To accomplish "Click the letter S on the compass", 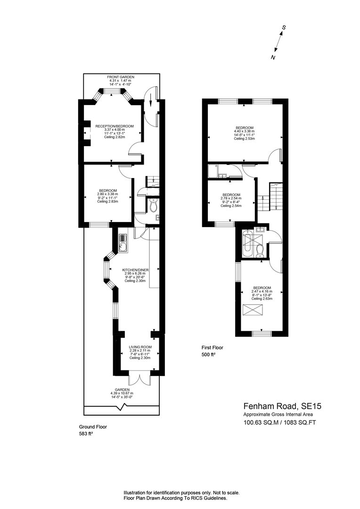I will (x=284, y=28).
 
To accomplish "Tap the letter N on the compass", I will (x=273, y=57).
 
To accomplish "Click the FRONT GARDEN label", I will (x=120, y=77).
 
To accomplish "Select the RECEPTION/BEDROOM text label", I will (x=114, y=126).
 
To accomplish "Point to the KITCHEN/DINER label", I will (x=135, y=270).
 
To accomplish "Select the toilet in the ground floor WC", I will (x=153, y=205).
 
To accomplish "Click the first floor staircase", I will (x=271, y=197).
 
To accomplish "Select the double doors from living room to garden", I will (x=139, y=379).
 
